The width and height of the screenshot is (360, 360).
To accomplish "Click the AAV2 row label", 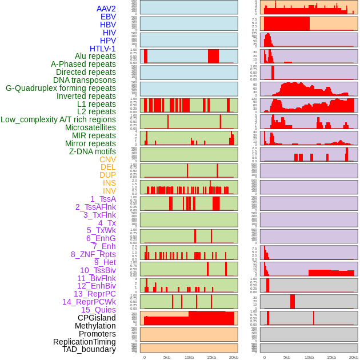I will coord(106,9).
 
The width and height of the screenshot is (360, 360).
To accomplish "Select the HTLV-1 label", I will coord(103,49).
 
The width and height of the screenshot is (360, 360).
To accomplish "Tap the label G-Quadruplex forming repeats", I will coord(61,88).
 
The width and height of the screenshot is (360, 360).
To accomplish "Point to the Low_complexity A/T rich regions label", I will coord(58,119).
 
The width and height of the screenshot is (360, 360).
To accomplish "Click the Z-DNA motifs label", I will coord(93,151).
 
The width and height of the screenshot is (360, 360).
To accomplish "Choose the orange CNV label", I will coord(107,159).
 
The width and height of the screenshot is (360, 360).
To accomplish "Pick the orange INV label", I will coord(109,191).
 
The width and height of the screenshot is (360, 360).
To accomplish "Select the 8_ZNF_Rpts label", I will coord(93,254).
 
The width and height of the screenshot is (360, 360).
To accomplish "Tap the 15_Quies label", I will coord(98,310).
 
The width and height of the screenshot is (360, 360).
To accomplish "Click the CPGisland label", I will coord(97,318).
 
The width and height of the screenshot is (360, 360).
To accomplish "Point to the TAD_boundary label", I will coord(89,349).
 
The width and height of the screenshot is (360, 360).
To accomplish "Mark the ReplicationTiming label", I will coord(85,342).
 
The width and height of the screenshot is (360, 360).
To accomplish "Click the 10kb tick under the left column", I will coord(189,357).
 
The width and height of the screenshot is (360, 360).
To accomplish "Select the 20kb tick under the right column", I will coord(354,357).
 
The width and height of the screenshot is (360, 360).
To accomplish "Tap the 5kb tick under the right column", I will coord(287,357).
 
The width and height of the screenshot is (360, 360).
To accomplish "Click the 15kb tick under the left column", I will coord(211,357).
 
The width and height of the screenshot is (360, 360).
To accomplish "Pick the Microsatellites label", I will coord(90,127).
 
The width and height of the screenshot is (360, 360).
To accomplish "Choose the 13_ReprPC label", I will coord(95,294).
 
